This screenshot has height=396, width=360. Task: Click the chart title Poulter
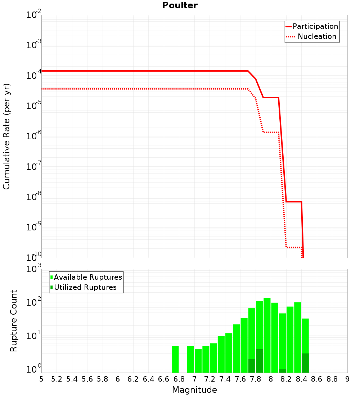pos(180,5)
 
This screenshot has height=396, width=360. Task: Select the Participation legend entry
pos(312,26)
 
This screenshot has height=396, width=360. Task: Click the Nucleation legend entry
pos(311,36)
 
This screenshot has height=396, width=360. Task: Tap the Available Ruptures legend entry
pos(86,277)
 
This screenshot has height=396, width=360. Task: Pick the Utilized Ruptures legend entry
pos(84,287)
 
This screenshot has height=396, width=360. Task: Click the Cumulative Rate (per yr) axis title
pos(6,136)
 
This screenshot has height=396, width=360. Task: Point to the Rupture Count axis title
pos(13,321)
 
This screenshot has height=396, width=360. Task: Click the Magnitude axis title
pos(194,390)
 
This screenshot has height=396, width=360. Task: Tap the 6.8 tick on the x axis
pos(179,379)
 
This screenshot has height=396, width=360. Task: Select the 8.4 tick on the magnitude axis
pos(301,379)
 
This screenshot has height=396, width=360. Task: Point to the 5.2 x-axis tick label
pos(57,379)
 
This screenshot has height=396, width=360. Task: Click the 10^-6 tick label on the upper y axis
pos(34,135)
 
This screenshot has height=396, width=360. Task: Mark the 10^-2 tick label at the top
pos(34,14)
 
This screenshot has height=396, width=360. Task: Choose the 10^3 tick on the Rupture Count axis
pos(34,268)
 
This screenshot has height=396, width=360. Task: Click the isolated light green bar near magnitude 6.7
pos(175,359)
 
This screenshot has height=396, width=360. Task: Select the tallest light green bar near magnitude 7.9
pos(267,335)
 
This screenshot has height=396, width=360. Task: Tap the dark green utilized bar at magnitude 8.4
pos(305,363)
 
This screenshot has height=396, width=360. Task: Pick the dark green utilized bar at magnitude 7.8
pos(260,361)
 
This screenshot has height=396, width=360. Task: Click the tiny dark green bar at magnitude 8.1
pos(283,371)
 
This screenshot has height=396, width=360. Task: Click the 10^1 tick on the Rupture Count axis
pos(34,336)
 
